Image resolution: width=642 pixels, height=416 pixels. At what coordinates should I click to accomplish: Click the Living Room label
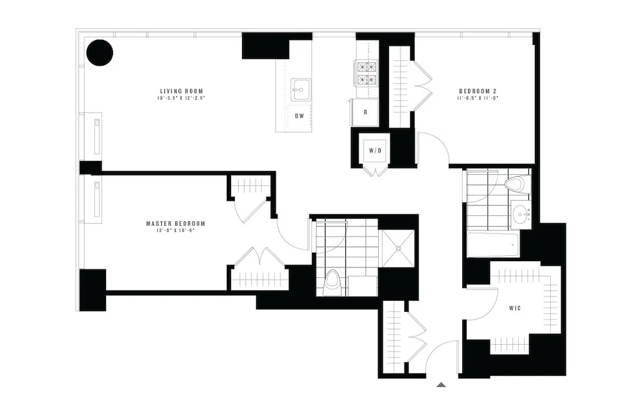(181, 91)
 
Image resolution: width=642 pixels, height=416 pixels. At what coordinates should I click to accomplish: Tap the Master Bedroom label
(175, 223)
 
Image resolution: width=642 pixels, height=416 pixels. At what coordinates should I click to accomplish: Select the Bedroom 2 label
(478, 91)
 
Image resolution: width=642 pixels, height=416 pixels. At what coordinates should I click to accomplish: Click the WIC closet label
(514, 309)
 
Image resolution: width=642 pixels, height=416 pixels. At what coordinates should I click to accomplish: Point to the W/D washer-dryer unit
(375, 152)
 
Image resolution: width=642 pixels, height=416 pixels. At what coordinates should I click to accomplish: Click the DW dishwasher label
(299, 116)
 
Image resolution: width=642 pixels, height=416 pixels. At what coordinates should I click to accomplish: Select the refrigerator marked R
(365, 112)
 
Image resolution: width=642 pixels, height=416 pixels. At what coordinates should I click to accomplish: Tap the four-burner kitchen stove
(365, 73)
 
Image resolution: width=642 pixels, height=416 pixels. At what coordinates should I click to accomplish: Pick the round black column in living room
(100, 53)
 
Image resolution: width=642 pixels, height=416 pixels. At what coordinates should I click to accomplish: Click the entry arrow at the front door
(441, 384)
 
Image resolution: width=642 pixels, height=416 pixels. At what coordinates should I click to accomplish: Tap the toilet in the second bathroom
(515, 185)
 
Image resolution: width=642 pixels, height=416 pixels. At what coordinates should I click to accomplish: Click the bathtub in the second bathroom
(493, 245)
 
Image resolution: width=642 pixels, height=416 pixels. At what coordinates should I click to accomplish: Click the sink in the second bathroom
(521, 213)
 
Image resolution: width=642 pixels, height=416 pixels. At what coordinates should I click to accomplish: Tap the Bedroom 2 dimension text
(478, 98)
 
